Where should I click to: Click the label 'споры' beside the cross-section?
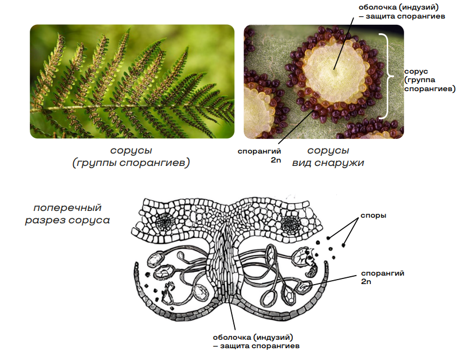coord(373,216)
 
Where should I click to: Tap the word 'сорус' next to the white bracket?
coord(416,71)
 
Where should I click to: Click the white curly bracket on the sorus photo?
coord(386,76)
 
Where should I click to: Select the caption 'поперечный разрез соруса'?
coord(67,214)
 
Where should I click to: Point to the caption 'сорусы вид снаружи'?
coord(328,156)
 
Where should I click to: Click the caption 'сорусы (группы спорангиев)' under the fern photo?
coord(131,156)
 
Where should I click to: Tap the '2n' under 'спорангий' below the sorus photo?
coord(276,160)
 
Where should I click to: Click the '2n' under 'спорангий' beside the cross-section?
coord(366,282)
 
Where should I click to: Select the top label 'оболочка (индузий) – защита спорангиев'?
coord(402,12)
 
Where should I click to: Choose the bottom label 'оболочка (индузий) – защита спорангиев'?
coord(256,341)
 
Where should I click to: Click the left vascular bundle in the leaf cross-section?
coord(165,222)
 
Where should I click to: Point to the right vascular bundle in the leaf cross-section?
coord(291,224)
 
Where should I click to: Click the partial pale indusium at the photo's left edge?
coord(257,112)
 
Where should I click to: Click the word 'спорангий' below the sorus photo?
coord(259,151)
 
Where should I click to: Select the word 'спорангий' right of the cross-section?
coord(383,273)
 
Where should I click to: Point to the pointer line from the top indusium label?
coord(343,43)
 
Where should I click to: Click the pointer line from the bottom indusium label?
coord(232,315)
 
